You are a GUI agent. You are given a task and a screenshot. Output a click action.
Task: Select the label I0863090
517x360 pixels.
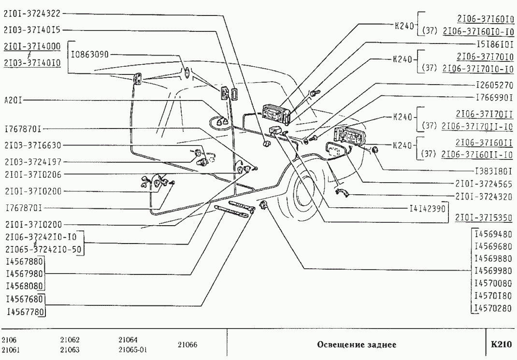tap(90, 55)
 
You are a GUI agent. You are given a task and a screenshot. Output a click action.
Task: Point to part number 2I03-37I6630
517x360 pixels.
tap(32, 145)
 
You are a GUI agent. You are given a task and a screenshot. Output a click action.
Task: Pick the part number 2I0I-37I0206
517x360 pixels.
tap(32, 174)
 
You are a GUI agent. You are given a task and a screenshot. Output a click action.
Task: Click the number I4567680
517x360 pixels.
tap(24, 300)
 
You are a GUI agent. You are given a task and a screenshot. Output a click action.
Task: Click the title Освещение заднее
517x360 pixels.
tap(357, 345)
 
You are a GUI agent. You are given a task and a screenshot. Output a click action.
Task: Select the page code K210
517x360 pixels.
tap(501, 345)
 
